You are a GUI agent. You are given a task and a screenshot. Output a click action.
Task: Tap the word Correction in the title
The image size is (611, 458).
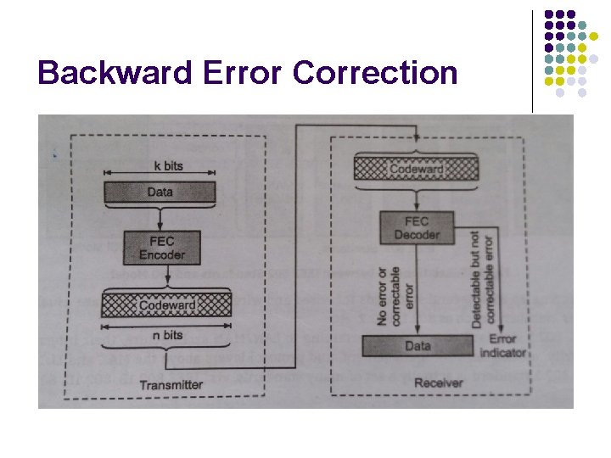375,74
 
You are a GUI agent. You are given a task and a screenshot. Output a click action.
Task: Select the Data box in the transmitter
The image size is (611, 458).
159,193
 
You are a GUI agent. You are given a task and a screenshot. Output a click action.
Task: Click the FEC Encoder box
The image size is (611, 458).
161,247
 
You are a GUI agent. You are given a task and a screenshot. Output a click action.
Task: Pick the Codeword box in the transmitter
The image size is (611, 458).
166,304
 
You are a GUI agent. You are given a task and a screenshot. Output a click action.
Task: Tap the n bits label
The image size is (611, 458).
167,335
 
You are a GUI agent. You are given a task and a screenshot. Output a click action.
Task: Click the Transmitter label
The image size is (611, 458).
171,384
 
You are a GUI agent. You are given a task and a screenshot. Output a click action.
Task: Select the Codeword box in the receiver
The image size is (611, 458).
417,169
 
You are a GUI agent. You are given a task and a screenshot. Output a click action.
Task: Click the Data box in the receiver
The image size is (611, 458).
417,346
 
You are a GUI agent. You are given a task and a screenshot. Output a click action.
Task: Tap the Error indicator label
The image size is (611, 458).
507,345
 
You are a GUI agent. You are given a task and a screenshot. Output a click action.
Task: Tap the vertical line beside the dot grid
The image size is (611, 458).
532,59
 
